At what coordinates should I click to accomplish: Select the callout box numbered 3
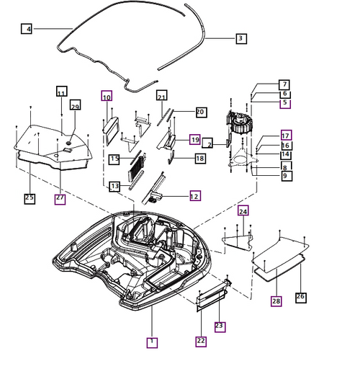click(x=241, y=38)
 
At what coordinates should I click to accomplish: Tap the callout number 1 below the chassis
click(x=151, y=342)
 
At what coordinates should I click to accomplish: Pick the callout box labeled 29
click(x=75, y=107)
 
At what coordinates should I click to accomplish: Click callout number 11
click(x=61, y=92)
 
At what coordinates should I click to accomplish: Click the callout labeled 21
click(x=161, y=97)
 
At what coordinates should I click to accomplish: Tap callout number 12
click(x=195, y=195)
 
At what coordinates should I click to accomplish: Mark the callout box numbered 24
click(x=243, y=211)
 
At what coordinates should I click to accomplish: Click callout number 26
click(x=301, y=296)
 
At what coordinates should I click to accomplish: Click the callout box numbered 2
click(x=207, y=143)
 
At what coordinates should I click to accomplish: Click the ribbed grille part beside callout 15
click(x=136, y=169)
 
